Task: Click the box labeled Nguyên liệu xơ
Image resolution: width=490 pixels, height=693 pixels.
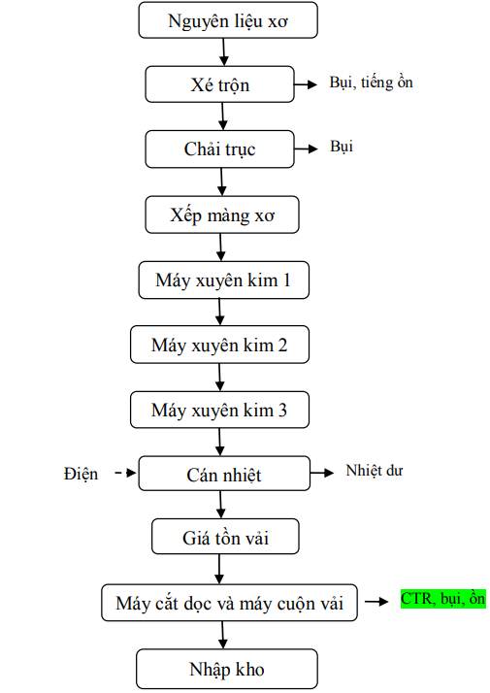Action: pyautogui.click(x=228, y=20)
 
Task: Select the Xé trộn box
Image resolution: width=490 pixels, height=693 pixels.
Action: pyautogui.click(x=219, y=84)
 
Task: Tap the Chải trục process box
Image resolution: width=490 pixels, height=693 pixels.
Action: pyautogui.click(x=219, y=148)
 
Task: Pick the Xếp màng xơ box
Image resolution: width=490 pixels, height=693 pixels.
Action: pyautogui.click(x=222, y=214)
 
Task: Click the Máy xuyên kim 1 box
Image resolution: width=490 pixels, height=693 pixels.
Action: pyautogui.click(x=223, y=280)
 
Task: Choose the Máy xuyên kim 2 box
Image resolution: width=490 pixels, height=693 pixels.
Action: pyautogui.click(x=219, y=345)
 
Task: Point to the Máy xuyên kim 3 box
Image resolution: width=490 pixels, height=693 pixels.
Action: pyautogui.click(x=219, y=410)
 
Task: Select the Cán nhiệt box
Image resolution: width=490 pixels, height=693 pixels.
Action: pyautogui.click(x=224, y=474)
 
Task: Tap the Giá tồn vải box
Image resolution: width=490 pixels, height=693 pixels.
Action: pyautogui.click(x=225, y=537)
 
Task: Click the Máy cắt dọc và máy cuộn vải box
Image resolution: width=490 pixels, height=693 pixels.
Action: pyautogui.click(x=229, y=603)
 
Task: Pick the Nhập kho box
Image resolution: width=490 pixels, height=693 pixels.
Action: pyautogui.click(x=227, y=669)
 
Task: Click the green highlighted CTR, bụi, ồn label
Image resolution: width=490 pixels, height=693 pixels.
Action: pyautogui.click(x=443, y=599)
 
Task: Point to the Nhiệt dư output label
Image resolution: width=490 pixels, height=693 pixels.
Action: pyautogui.click(x=375, y=470)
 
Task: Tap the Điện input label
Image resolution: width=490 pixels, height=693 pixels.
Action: pyautogui.click(x=81, y=474)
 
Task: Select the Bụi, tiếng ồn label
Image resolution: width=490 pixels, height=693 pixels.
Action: pyautogui.click(x=372, y=82)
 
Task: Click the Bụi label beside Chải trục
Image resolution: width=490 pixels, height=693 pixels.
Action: pyautogui.click(x=342, y=147)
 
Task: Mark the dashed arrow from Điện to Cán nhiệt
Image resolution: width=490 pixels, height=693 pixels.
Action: pyautogui.click(x=125, y=473)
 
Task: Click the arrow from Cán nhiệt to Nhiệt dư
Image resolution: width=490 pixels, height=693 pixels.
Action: pyautogui.click(x=322, y=473)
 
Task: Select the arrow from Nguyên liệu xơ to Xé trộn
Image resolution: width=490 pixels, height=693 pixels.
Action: pyautogui.click(x=224, y=52)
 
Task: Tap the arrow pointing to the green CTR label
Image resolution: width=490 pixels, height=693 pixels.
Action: pyautogui.click(x=376, y=601)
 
